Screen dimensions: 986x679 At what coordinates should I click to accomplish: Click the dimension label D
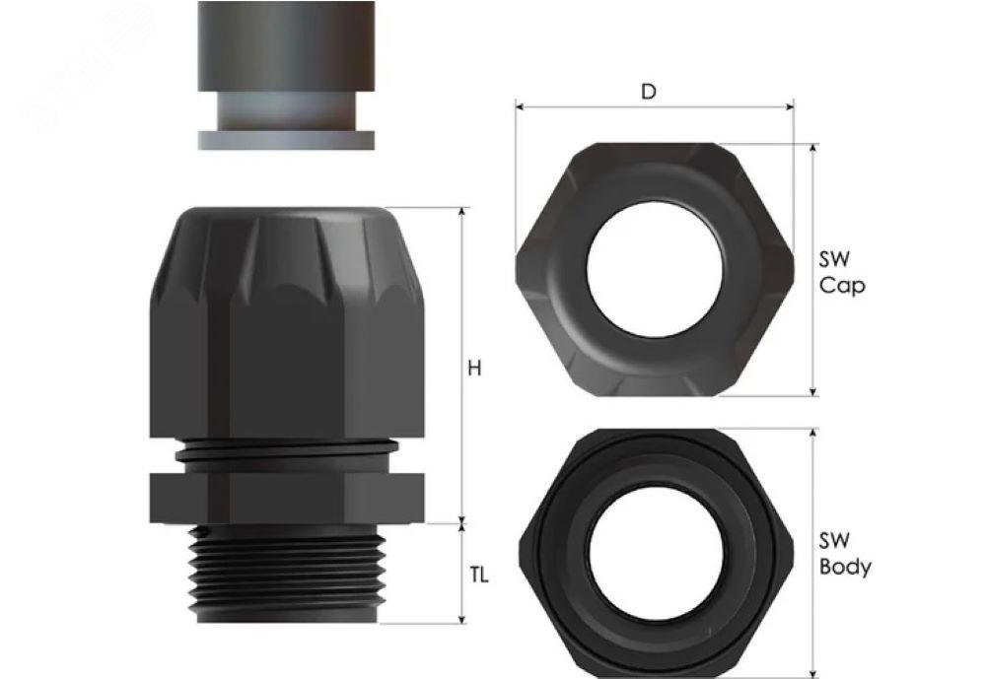click(x=649, y=92)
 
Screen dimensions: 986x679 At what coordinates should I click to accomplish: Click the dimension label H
click(x=474, y=368)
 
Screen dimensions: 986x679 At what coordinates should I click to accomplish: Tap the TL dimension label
click(x=478, y=575)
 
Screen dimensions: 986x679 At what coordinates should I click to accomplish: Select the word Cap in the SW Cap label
click(x=842, y=286)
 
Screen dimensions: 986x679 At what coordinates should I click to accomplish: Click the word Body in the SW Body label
click(x=845, y=567)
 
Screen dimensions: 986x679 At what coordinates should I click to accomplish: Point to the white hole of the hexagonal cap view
click(x=655, y=269)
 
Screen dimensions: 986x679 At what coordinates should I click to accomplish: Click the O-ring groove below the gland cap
click(x=287, y=450)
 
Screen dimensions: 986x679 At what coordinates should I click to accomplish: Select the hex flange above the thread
click(x=287, y=498)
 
